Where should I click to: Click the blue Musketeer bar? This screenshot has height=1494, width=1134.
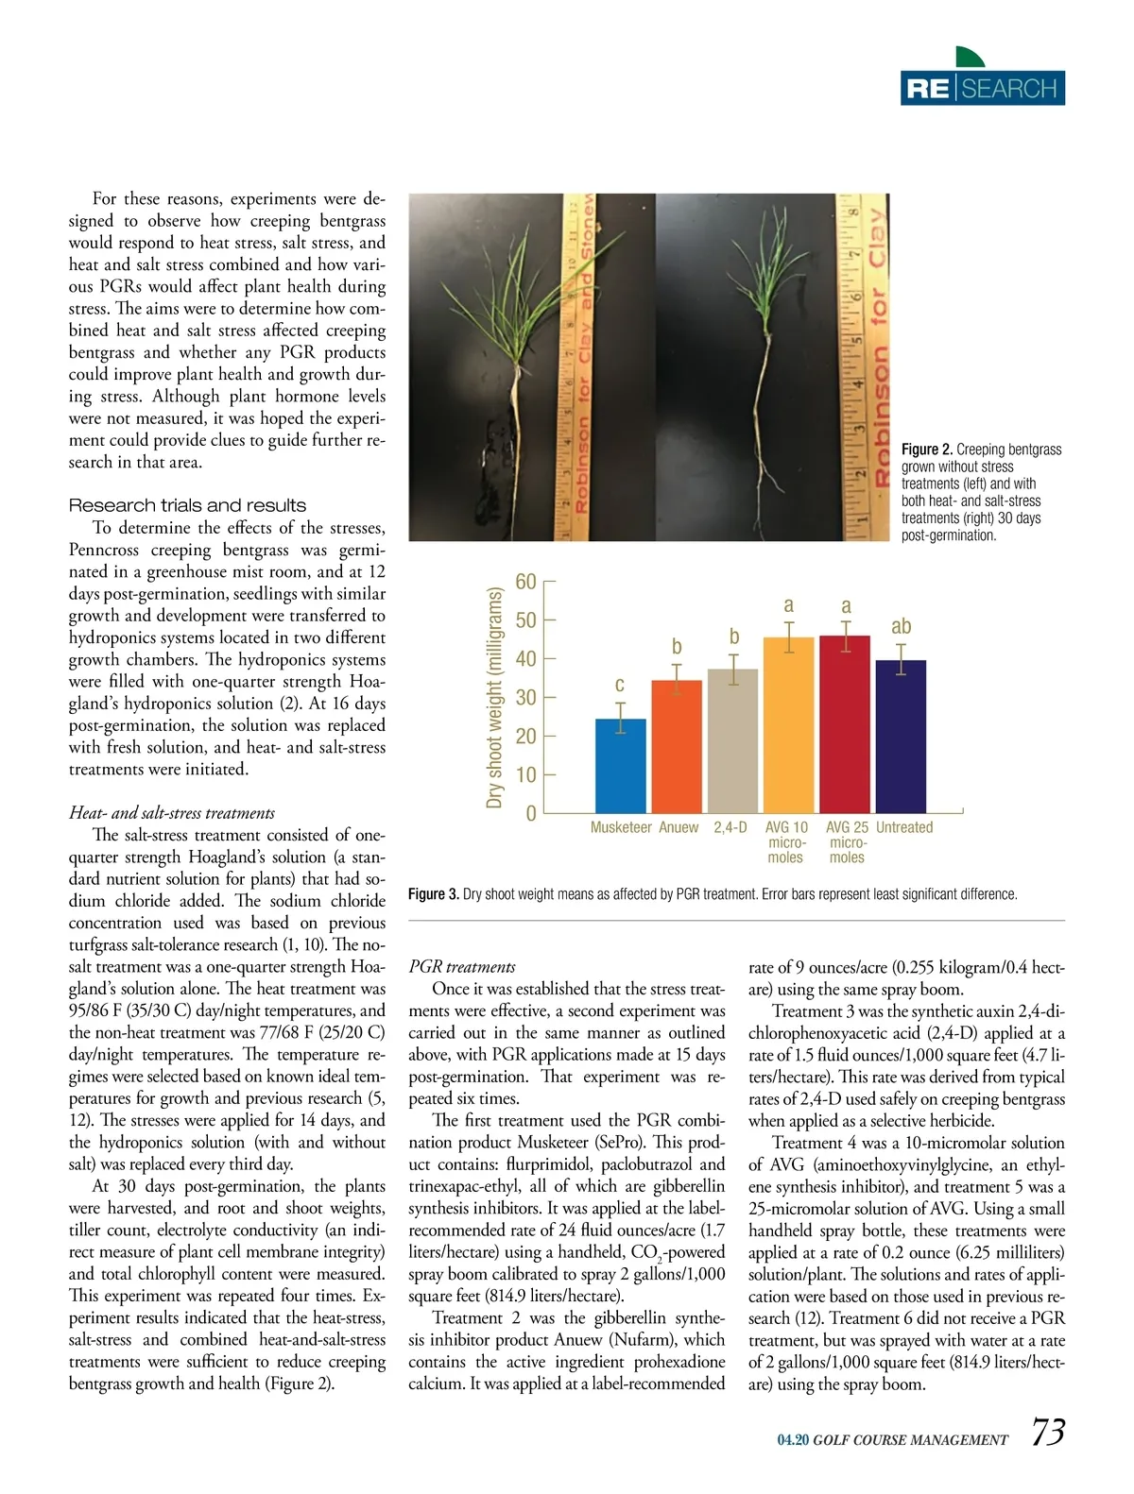pyautogui.click(x=620, y=765)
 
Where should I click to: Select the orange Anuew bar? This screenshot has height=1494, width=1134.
pyautogui.click(x=677, y=746)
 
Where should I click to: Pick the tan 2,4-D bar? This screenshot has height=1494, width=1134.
pyautogui.click(x=732, y=740)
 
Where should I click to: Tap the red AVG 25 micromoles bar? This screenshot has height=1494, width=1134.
pyautogui.click(x=845, y=724)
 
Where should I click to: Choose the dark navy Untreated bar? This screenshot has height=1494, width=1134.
pyautogui.click(x=901, y=736)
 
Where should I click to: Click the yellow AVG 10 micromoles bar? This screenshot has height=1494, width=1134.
pyautogui.click(x=788, y=724)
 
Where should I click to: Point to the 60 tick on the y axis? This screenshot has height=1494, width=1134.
pyautogui.click(x=525, y=582)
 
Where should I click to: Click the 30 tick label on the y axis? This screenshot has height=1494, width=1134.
pyautogui.click(x=525, y=698)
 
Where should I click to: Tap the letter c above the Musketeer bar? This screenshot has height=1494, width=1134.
pyautogui.click(x=620, y=684)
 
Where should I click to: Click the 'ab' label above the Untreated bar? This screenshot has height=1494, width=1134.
pyautogui.click(x=901, y=626)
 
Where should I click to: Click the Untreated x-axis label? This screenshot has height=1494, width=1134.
pyautogui.click(x=903, y=827)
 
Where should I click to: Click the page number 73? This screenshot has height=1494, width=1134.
pyautogui.click(x=1047, y=1432)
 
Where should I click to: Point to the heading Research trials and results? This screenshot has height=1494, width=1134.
pyautogui.click(x=187, y=505)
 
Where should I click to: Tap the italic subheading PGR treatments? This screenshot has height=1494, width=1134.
pyautogui.click(x=462, y=967)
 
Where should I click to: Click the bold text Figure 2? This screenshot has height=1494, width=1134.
pyautogui.click(x=926, y=450)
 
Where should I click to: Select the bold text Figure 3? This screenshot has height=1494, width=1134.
pyautogui.click(x=433, y=894)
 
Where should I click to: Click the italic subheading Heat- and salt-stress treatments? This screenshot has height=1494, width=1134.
pyautogui.click(x=172, y=813)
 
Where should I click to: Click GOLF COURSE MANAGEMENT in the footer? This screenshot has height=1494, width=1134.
pyautogui.click(x=910, y=1440)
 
